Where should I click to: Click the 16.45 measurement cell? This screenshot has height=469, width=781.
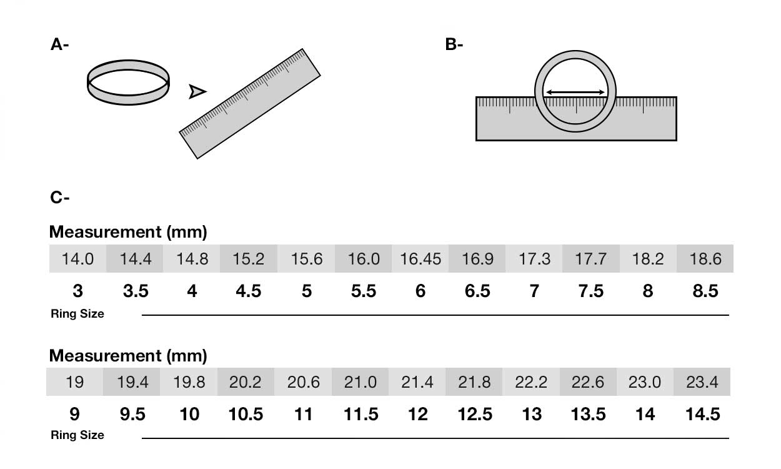420,259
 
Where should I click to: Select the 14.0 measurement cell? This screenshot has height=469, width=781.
77,259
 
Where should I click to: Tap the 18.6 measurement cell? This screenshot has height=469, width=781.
705,259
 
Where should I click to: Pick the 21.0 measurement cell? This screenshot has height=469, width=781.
360,381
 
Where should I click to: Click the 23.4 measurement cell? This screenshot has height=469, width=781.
702,381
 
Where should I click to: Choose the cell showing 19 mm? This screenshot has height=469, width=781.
74,381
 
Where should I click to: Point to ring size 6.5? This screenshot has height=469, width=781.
477,291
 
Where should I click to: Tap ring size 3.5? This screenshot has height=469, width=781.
136,291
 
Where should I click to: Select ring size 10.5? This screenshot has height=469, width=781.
246,414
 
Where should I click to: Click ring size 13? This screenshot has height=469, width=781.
532,414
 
